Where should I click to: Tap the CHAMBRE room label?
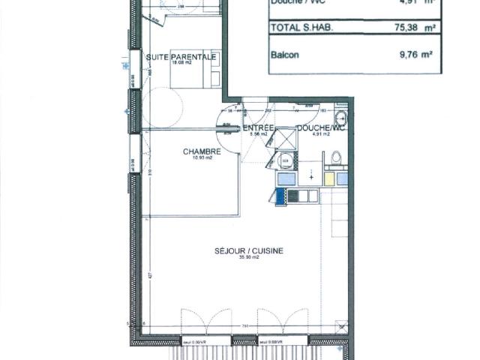pyautogui.click(x=202, y=152)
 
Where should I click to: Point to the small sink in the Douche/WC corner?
pyautogui.click(x=341, y=118)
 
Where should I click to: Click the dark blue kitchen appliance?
pyautogui.click(x=280, y=195)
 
